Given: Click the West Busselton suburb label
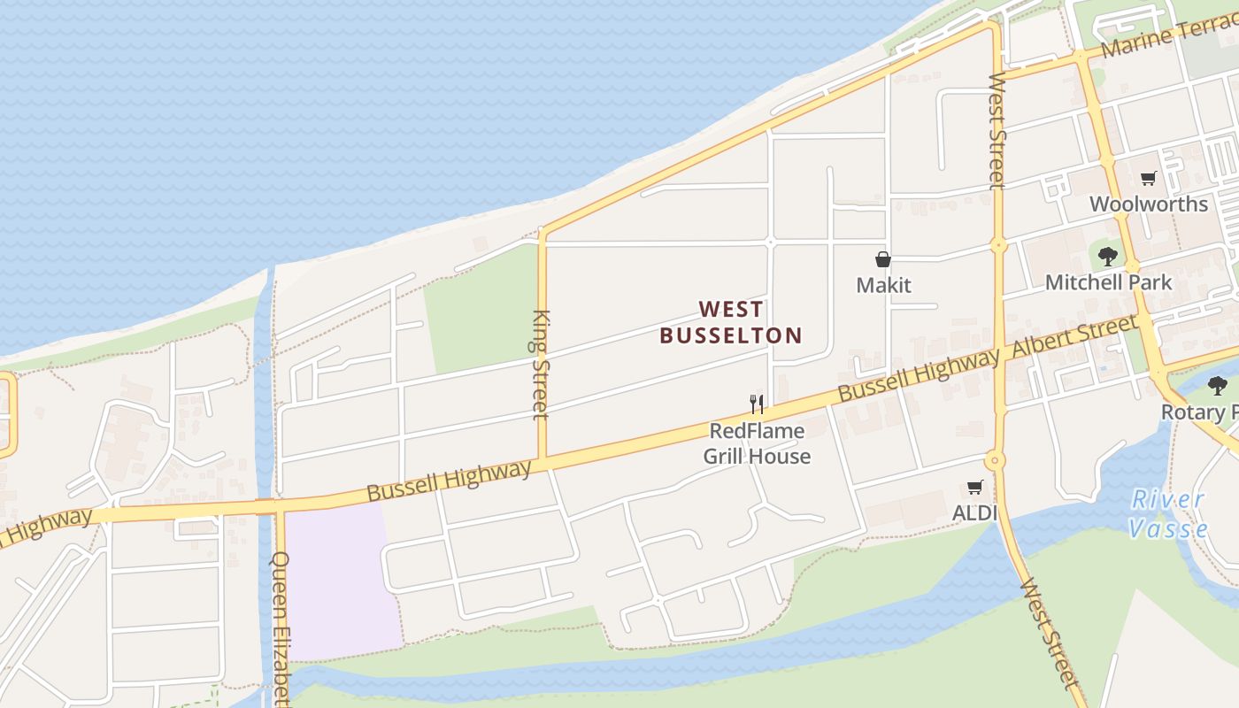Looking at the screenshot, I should click(x=731, y=322).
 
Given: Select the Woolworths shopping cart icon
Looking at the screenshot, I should click(x=1149, y=179).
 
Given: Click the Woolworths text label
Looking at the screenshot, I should click(x=1148, y=204).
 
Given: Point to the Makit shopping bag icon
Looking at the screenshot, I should click(x=882, y=259).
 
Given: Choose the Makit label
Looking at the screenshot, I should click(x=883, y=285).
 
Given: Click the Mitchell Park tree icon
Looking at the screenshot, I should click(x=1107, y=257).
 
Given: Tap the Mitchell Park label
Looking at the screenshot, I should click(x=1108, y=282).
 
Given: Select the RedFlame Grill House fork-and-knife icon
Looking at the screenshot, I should click(x=757, y=404).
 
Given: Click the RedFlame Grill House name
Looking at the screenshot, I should click(x=757, y=443).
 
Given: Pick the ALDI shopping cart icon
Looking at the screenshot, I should click(x=974, y=487).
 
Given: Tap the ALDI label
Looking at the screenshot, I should click(x=974, y=512).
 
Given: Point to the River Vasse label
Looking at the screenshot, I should click(x=1169, y=514).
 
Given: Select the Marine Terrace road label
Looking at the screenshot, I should click(x=1168, y=38).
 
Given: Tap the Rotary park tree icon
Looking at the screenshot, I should click(x=1218, y=385).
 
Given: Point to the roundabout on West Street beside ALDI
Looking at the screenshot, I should click(x=996, y=460).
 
